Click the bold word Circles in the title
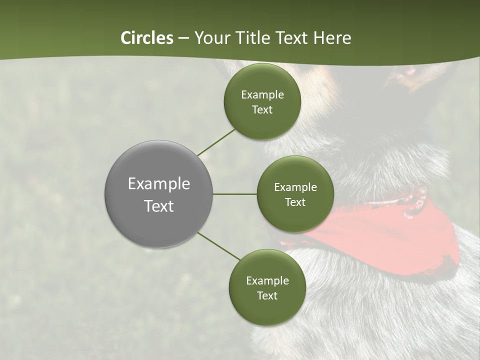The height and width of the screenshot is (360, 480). pyautogui.click(x=147, y=38)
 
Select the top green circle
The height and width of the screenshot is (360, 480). pyautogui.click(x=262, y=125)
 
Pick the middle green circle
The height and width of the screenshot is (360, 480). pyautogui.click(x=295, y=220)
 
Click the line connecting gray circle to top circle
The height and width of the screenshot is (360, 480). pyautogui.click(x=216, y=142)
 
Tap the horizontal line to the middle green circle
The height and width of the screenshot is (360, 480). pyautogui.click(x=235, y=194)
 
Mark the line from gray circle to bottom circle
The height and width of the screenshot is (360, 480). pyautogui.click(x=218, y=246)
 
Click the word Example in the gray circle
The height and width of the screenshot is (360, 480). pyautogui.click(x=158, y=184)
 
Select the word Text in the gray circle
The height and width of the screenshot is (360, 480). pyautogui.click(x=158, y=206)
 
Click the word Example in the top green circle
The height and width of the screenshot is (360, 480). pyautogui.click(x=262, y=95)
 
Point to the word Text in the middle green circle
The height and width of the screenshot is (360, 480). pyautogui.click(x=295, y=202)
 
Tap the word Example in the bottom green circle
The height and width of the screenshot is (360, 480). pyautogui.click(x=267, y=281)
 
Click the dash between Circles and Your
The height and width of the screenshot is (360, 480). pyautogui.click(x=183, y=38)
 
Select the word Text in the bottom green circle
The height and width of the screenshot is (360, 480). pyautogui.click(x=267, y=295)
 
